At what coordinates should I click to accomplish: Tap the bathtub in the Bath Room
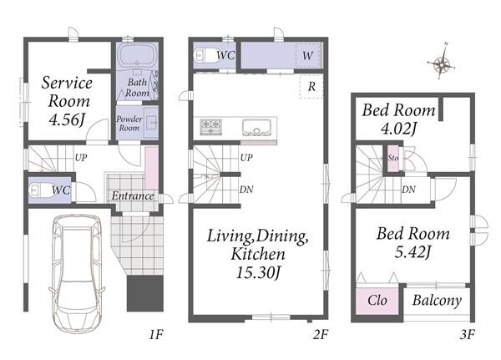click(x=137, y=55)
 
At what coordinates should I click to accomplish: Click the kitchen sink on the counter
click(x=256, y=128)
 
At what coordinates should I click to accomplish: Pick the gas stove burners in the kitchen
click(x=211, y=126)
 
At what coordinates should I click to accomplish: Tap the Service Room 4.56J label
click(x=68, y=101)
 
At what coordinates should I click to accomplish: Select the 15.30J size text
click(x=258, y=273)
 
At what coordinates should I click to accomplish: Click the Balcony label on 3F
click(x=437, y=301)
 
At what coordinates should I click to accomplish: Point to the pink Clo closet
click(x=377, y=302)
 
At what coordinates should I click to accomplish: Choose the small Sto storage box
click(x=393, y=158)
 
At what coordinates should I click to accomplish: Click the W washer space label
click(x=307, y=56)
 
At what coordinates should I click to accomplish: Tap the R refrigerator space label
click(x=311, y=86)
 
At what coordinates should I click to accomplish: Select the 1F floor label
click(x=156, y=335)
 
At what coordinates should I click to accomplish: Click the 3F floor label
click(x=467, y=335)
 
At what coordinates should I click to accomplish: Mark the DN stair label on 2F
click(x=246, y=190)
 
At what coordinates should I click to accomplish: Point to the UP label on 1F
click(x=81, y=157)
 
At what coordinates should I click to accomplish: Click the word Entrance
click(x=133, y=195)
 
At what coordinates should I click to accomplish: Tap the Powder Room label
click(x=129, y=124)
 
